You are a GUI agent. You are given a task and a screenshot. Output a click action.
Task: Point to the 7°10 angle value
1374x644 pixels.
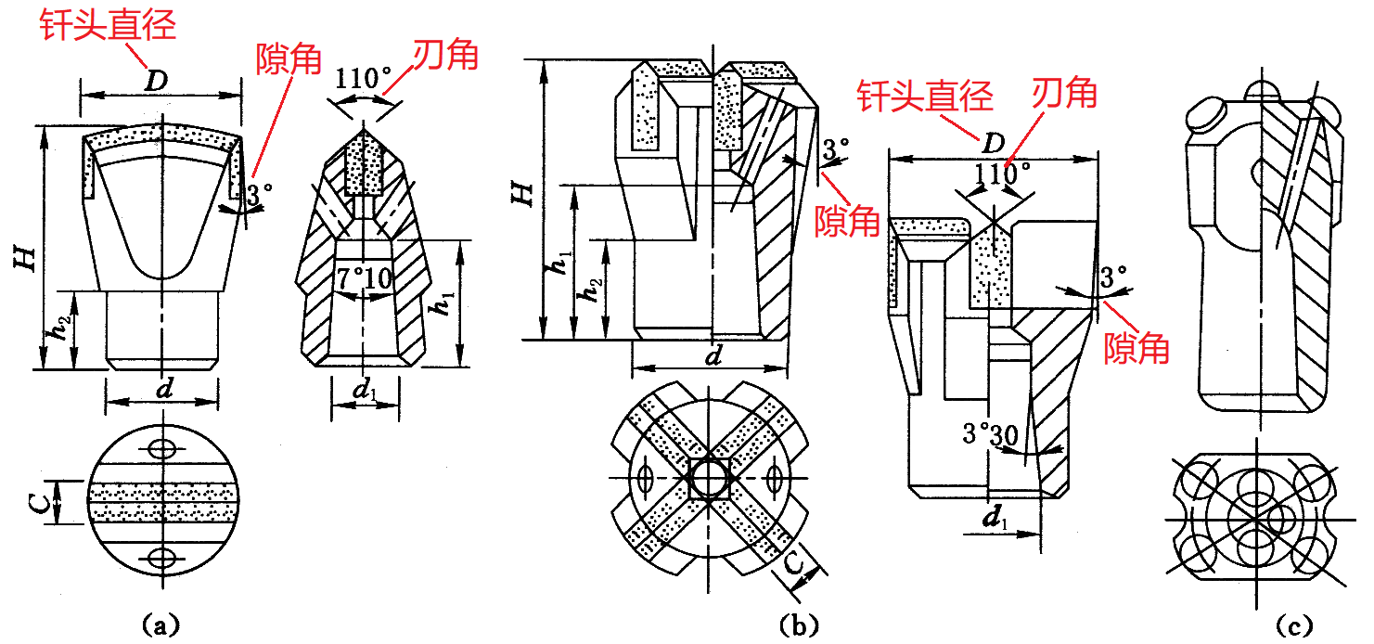(365, 278)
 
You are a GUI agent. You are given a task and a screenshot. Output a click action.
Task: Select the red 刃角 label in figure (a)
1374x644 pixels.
(445, 56)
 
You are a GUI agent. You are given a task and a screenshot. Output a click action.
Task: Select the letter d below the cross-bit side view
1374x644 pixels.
(713, 356)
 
